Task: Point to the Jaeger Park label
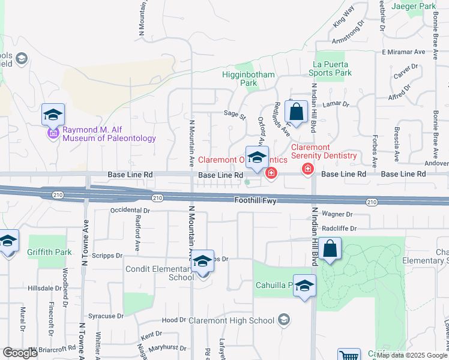[x=413, y=6]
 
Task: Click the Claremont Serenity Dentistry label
[x=324, y=151]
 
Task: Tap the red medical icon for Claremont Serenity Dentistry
[x=308, y=169]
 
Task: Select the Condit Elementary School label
[x=159, y=273]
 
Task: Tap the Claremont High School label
[x=231, y=320]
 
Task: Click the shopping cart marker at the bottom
[x=349, y=356]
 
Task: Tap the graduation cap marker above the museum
[x=53, y=114]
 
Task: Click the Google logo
[x=20, y=353]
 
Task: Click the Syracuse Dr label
[x=105, y=316]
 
